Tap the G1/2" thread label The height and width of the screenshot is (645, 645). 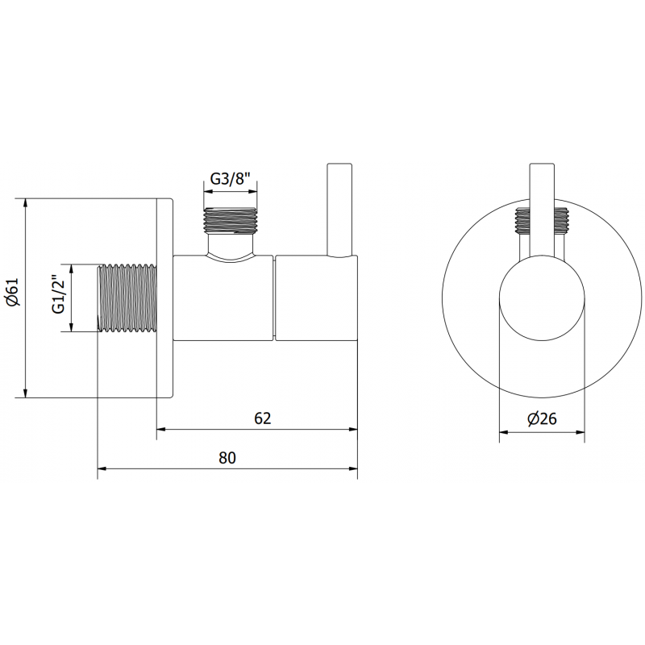point(58,298)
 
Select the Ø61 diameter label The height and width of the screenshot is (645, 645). point(13,297)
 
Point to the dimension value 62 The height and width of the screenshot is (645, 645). point(262,418)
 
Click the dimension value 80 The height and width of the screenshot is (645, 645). point(227,457)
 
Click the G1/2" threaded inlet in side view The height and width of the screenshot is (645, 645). point(127,298)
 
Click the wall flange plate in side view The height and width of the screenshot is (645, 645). point(164,298)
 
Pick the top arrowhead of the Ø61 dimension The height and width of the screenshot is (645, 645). point(27,202)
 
